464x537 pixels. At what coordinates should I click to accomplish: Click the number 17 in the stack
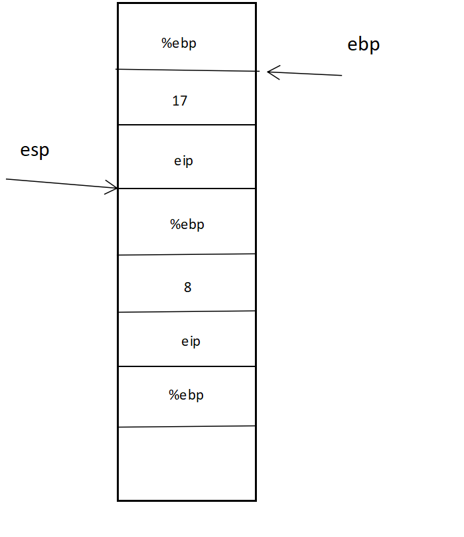tap(179, 101)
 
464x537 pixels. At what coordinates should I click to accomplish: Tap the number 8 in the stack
tap(187, 287)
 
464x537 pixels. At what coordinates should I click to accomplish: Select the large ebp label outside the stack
tap(364, 45)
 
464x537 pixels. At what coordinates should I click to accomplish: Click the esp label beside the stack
tap(35, 151)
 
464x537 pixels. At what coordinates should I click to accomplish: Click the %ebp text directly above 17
tap(179, 44)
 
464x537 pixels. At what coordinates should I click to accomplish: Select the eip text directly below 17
tap(183, 161)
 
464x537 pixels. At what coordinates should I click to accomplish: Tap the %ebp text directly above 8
tap(187, 224)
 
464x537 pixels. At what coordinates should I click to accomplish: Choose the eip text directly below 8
tap(191, 342)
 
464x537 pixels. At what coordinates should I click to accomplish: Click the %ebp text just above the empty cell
tap(186, 395)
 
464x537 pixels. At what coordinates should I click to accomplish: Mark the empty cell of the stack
tap(187, 463)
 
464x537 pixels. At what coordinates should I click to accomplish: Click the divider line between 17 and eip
tap(187, 124)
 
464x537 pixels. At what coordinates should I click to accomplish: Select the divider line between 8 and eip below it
tap(187, 311)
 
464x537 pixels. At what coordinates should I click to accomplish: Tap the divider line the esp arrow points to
tap(187, 189)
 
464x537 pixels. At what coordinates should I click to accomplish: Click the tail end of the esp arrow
tap(7, 179)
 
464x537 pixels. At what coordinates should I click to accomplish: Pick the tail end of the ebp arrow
tap(341, 76)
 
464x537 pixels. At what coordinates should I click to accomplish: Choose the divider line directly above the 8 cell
tap(187, 254)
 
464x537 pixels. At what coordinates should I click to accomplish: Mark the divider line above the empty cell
tap(187, 427)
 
